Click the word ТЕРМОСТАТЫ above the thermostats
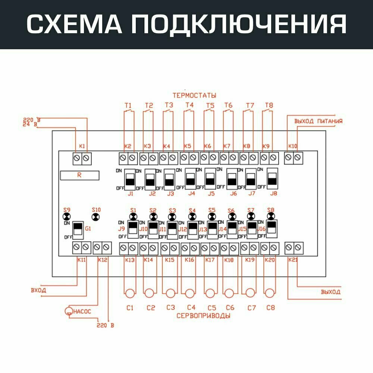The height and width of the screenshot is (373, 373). click(x=194, y=95)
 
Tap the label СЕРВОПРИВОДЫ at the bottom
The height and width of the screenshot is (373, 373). click(x=203, y=316)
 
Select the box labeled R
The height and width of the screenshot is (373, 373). click(x=80, y=175)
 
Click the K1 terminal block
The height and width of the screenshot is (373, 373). click(x=82, y=158)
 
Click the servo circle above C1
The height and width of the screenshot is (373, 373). click(x=129, y=293)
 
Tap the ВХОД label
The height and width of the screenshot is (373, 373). click(x=38, y=290)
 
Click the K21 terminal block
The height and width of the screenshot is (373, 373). click(x=293, y=247)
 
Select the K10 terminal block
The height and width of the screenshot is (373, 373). click(x=293, y=158)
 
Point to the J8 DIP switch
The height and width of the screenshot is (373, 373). click(x=273, y=179)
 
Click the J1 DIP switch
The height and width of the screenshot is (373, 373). click(x=130, y=179)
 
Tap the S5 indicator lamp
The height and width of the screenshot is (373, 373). click(x=211, y=217)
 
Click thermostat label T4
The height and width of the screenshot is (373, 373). click(x=189, y=105)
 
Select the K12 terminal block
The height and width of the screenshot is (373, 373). click(x=102, y=247)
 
